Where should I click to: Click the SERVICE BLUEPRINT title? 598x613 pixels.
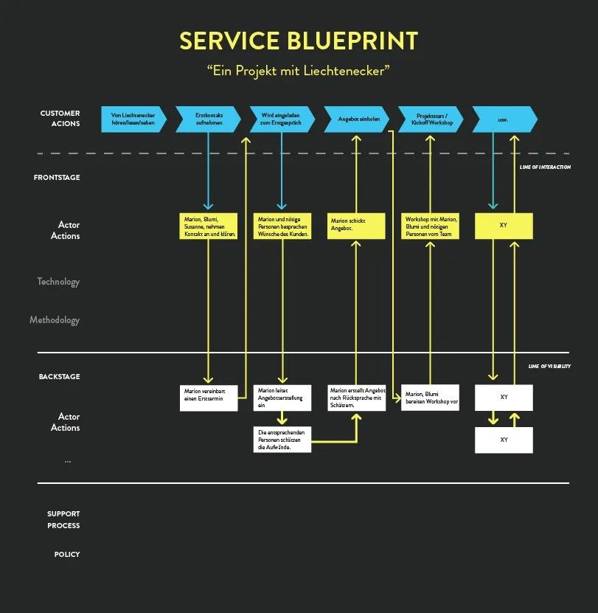pyautogui.click(x=299, y=41)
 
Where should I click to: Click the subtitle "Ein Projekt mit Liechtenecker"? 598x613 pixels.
pyautogui.click(x=298, y=71)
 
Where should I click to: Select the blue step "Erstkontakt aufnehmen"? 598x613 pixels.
pyautogui.click(x=208, y=119)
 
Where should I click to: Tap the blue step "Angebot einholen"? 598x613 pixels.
pyautogui.click(x=356, y=119)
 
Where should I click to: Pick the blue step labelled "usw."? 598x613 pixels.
pyautogui.click(x=504, y=119)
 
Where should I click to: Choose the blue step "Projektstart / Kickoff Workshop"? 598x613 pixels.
pyautogui.click(x=431, y=119)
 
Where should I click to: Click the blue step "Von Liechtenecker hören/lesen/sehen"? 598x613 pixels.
pyautogui.click(x=133, y=119)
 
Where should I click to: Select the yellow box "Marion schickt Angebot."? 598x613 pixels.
pyautogui.click(x=356, y=226)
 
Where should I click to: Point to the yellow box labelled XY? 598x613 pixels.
pyautogui.click(x=504, y=226)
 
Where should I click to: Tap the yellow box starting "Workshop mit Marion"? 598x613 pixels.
pyautogui.click(x=431, y=226)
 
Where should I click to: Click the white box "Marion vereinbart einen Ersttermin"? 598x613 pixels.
pyautogui.click(x=209, y=398)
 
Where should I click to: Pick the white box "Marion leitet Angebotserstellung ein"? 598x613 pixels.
pyautogui.click(x=282, y=398)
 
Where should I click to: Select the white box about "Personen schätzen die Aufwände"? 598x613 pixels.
pyautogui.click(x=282, y=439)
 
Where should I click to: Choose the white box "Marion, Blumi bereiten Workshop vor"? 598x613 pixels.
pyautogui.click(x=431, y=398)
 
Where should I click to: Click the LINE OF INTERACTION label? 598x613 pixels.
pyautogui.click(x=545, y=167)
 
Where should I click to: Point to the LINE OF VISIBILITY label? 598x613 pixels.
pyautogui.click(x=549, y=367)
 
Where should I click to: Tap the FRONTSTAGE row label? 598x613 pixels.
pyautogui.click(x=57, y=178)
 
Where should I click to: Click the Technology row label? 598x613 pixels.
pyautogui.click(x=58, y=282)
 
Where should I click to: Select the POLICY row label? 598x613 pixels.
pyautogui.click(x=66, y=554)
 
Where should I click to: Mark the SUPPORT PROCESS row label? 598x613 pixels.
pyautogui.click(x=63, y=519)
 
